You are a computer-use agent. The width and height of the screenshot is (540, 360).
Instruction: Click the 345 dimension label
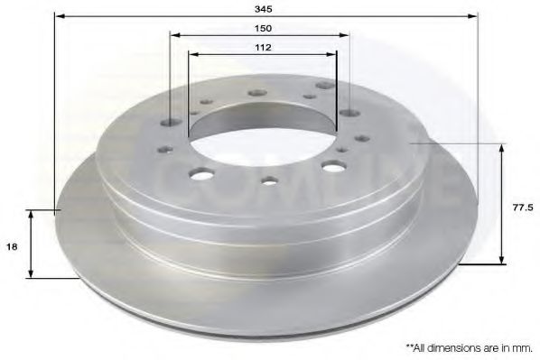(264, 9)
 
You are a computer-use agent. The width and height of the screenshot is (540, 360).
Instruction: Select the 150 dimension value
(264, 28)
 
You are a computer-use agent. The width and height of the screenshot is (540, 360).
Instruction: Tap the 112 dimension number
(263, 47)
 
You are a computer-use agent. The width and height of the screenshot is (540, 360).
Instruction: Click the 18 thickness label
(12, 247)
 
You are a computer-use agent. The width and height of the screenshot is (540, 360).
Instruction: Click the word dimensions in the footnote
(452, 348)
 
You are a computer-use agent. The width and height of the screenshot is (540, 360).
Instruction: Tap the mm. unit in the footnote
(522, 348)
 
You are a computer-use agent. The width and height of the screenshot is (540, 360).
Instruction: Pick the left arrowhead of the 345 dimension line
(61, 16)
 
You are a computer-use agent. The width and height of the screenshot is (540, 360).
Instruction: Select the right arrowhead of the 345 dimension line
(472, 16)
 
